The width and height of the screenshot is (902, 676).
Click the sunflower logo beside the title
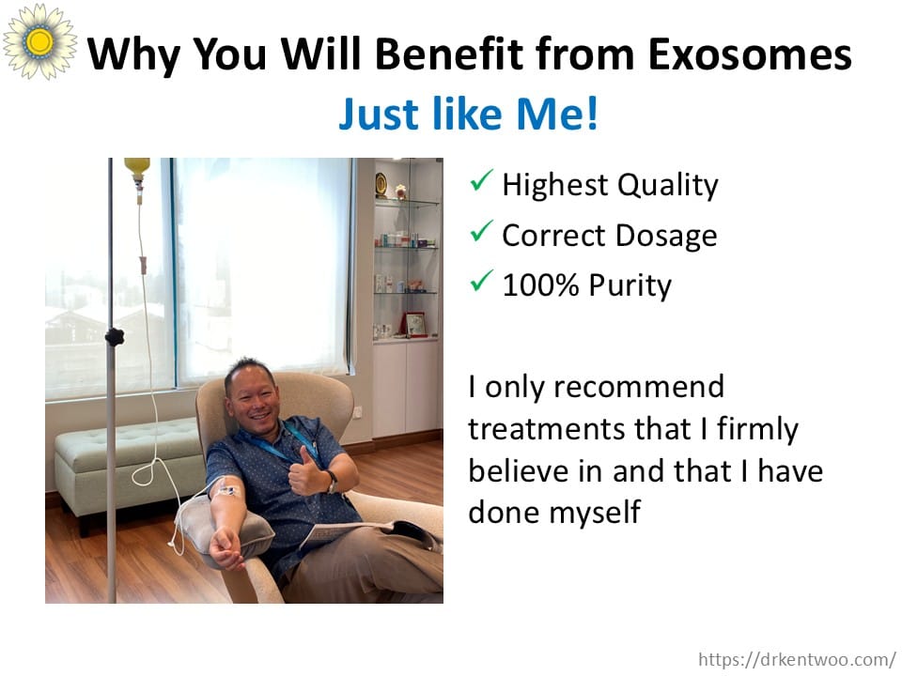point(39,41)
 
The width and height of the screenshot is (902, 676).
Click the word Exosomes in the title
point(750,54)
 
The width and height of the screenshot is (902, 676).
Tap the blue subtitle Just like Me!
point(468,114)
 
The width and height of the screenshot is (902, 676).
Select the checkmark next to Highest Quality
point(481,180)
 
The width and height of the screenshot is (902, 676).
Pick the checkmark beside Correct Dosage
point(481,231)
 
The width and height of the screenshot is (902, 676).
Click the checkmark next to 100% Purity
point(481,281)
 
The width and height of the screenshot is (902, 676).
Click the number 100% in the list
point(540,285)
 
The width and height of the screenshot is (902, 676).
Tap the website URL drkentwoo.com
point(797,659)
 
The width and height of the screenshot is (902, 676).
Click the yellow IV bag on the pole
point(137,168)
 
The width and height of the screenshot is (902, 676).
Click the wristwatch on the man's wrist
point(332,482)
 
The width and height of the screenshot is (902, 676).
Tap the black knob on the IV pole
point(115,336)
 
